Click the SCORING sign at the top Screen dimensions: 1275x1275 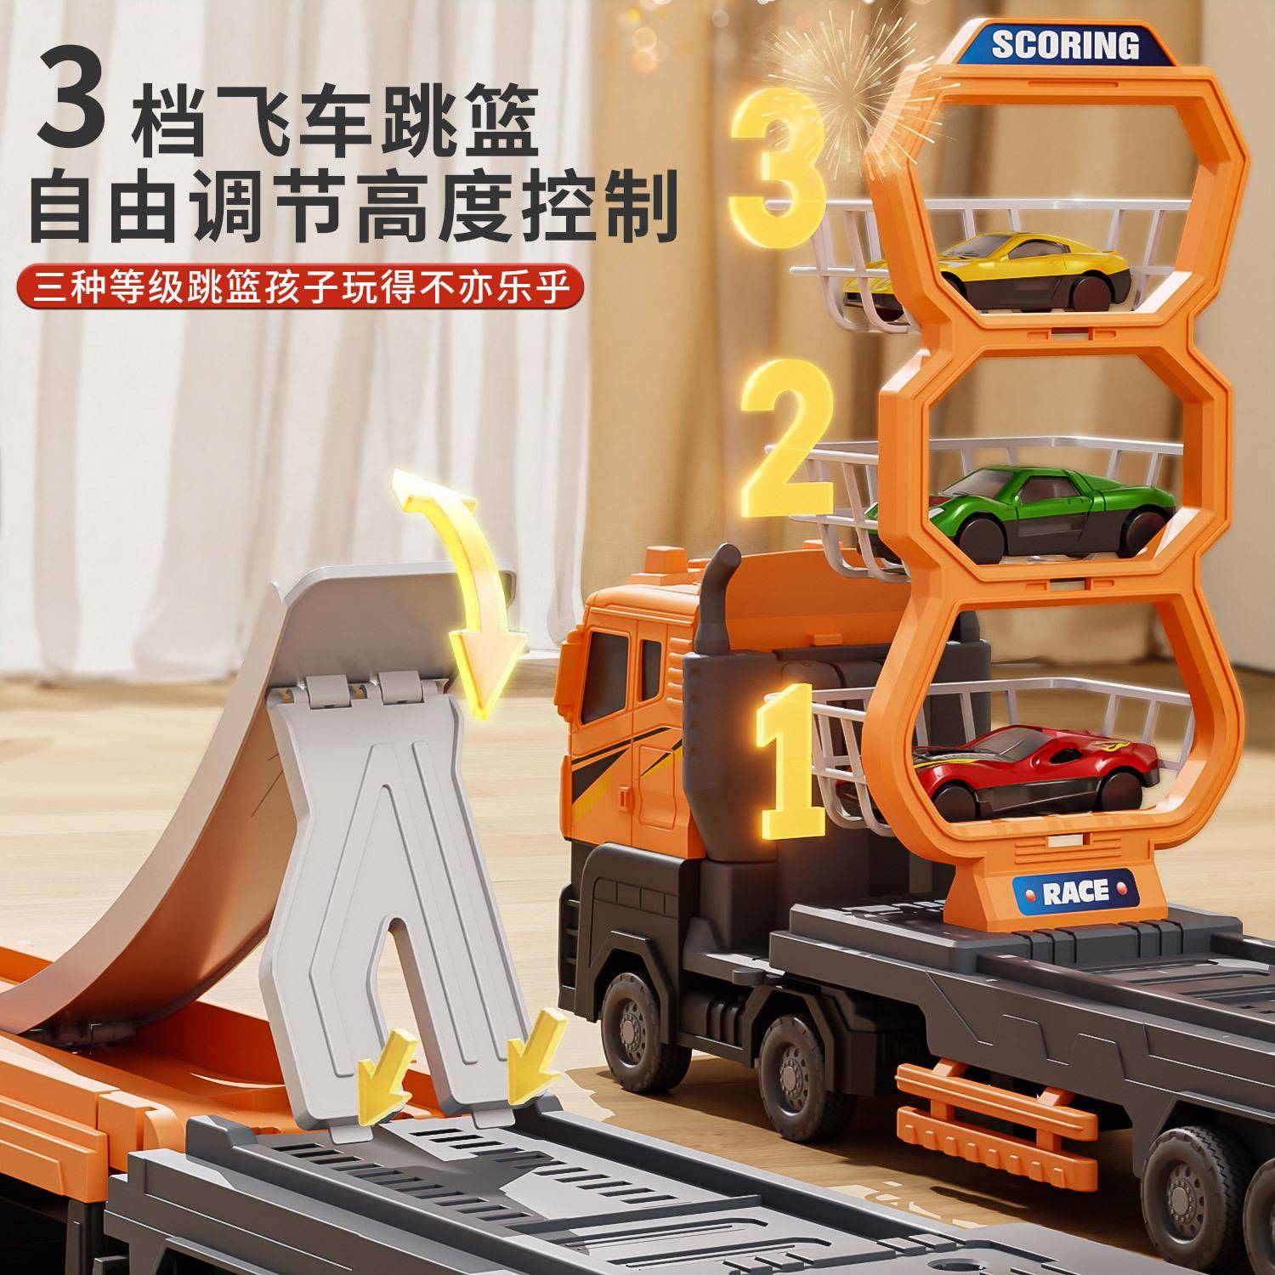point(1065,44)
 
